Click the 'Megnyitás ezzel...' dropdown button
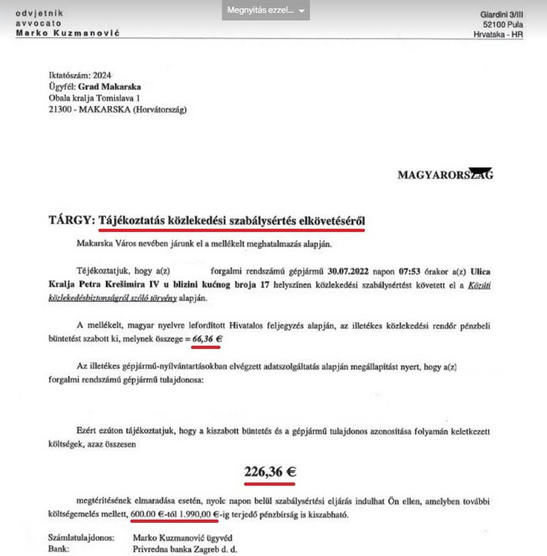(266, 11)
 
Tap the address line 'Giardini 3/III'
(505, 15)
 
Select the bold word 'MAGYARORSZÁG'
(445, 175)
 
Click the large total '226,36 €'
(269, 472)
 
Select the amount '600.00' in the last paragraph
(146, 515)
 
